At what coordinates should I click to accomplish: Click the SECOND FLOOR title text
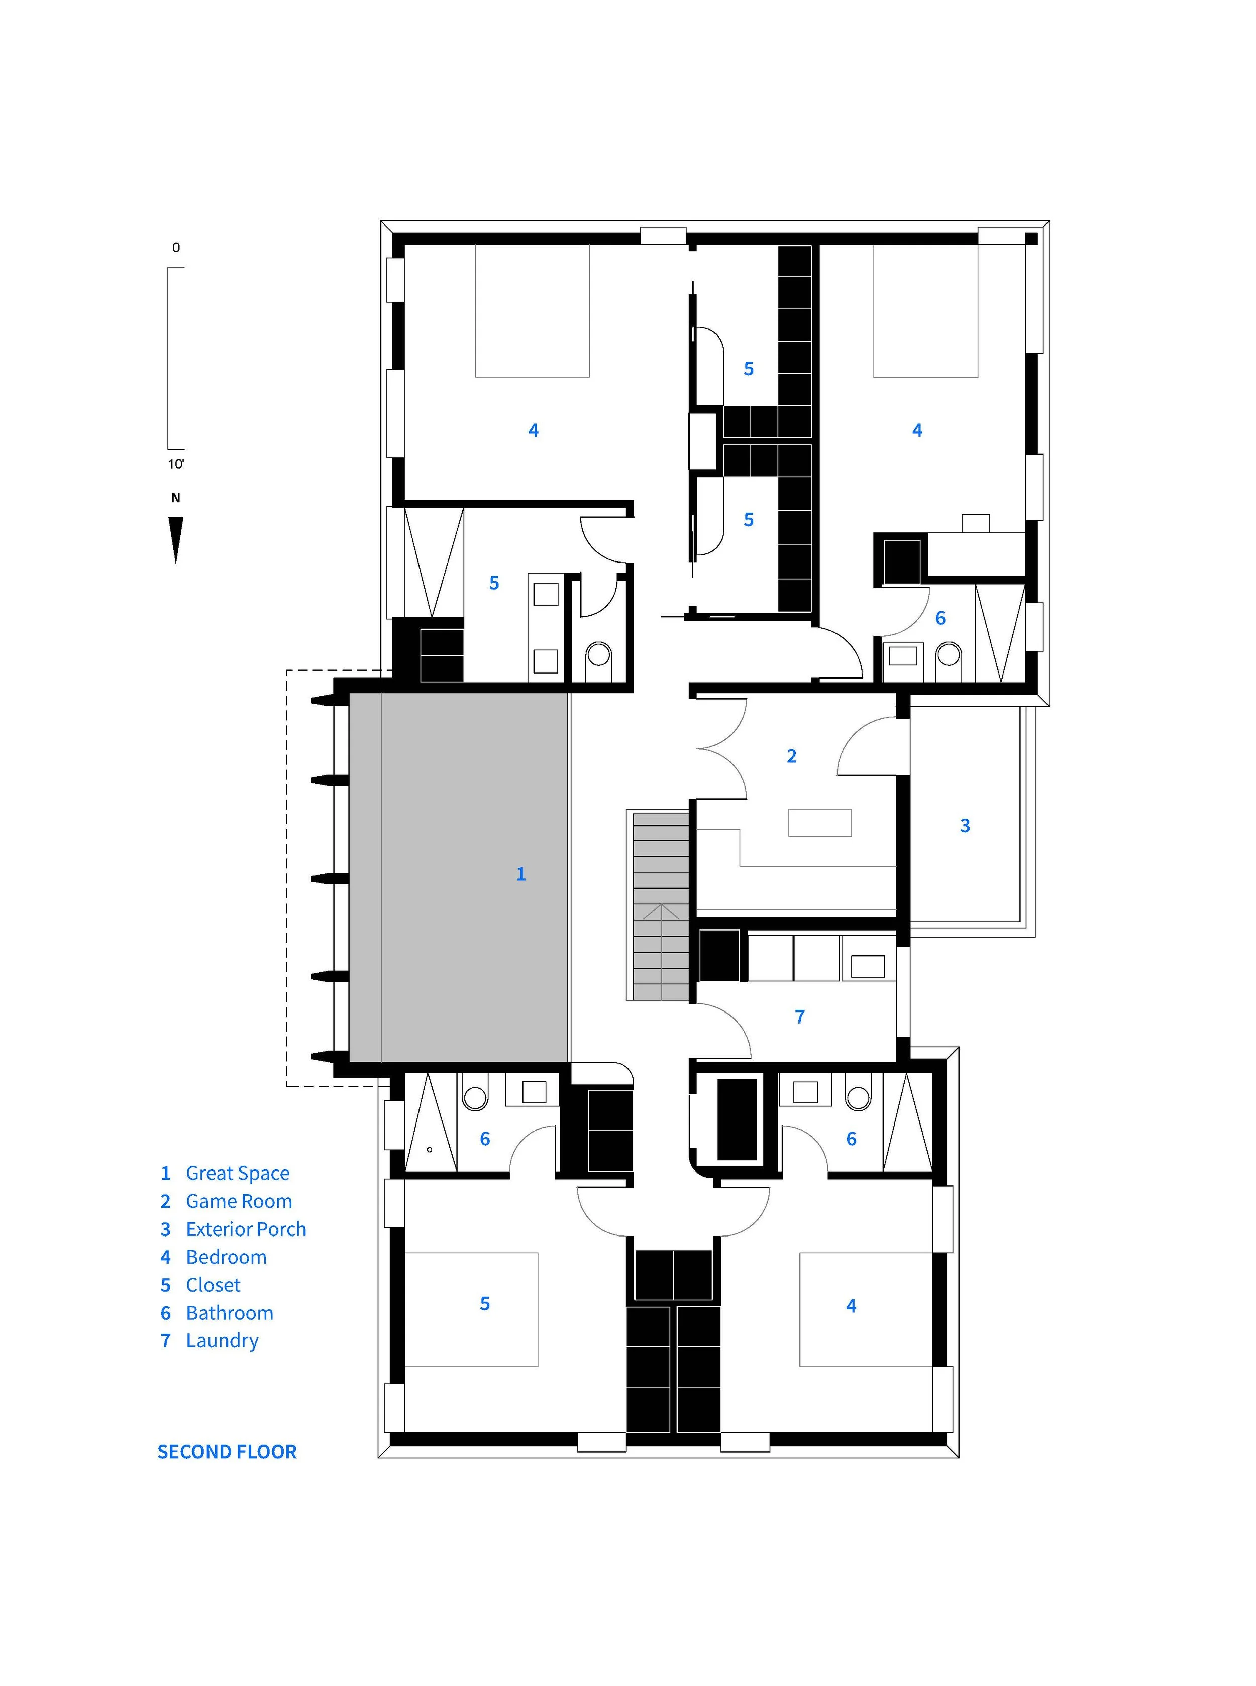coord(227,1452)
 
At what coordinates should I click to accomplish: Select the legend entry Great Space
coord(225,1173)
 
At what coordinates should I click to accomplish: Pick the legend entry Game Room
coord(226,1201)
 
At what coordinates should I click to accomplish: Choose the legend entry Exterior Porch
coord(233,1229)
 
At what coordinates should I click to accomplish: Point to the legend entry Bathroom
coord(217,1313)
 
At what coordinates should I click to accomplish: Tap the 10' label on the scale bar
coord(176,464)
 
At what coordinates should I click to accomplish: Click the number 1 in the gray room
coord(521,874)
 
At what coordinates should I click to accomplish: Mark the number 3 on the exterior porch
coord(965,826)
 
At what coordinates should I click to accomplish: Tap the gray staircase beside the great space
coord(661,906)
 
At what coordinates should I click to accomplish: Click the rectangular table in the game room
coord(819,823)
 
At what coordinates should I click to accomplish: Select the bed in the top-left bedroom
coord(532,310)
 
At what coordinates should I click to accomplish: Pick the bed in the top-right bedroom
coord(925,310)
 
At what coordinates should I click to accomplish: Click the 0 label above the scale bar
coord(176,247)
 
